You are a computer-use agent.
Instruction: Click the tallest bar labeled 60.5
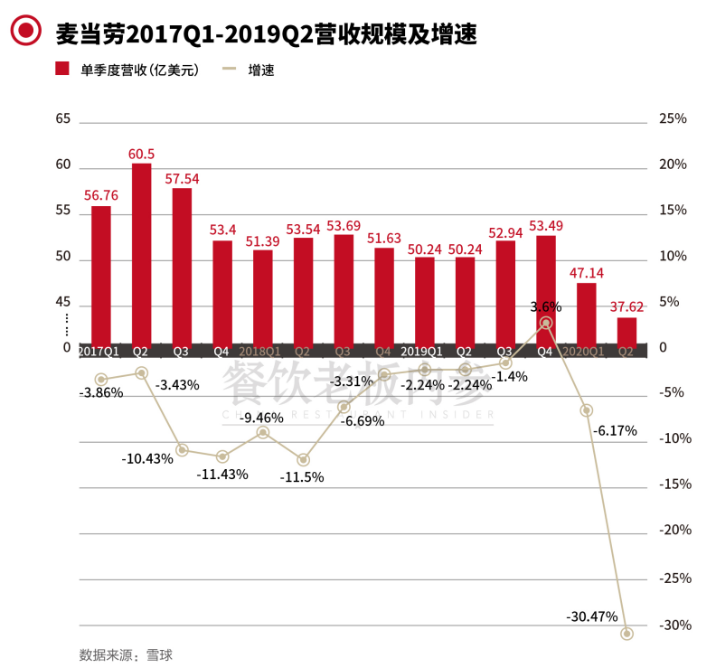click(x=141, y=253)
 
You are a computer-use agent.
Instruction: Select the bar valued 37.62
click(x=626, y=330)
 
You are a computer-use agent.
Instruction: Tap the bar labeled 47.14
click(x=586, y=313)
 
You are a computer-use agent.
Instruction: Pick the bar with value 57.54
click(x=182, y=266)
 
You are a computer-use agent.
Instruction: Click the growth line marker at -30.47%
click(x=626, y=634)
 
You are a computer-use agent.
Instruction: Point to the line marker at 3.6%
click(x=546, y=323)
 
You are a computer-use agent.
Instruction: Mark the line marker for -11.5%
click(x=303, y=460)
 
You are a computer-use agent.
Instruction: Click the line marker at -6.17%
click(x=586, y=410)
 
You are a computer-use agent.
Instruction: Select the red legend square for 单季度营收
click(x=62, y=70)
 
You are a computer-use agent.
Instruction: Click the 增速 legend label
click(x=261, y=70)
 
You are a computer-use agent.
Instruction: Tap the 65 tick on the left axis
click(x=62, y=118)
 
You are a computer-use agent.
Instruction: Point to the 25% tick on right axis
click(x=673, y=118)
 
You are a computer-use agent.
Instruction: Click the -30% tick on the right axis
click(x=674, y=625)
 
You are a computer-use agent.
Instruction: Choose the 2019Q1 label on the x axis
click(x=423, y=351)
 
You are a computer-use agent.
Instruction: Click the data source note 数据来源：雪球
click(x=126, y=654)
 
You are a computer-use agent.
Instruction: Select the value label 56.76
click(x=101, y=194)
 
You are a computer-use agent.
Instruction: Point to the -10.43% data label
click(x=147, y=458)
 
